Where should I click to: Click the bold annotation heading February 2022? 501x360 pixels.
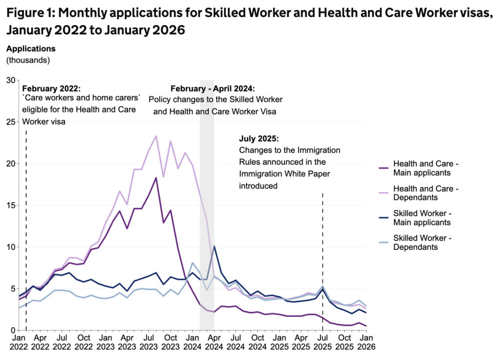point(51,89)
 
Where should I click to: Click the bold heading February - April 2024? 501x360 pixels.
point(212,89)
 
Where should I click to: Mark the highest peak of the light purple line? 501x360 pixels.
point(156,136)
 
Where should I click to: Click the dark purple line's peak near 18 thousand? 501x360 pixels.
point(156,178)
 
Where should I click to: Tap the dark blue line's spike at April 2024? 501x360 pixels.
point(214,246)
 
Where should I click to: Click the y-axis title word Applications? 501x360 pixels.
point(31,48)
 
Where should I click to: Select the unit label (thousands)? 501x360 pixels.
point(28,60)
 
